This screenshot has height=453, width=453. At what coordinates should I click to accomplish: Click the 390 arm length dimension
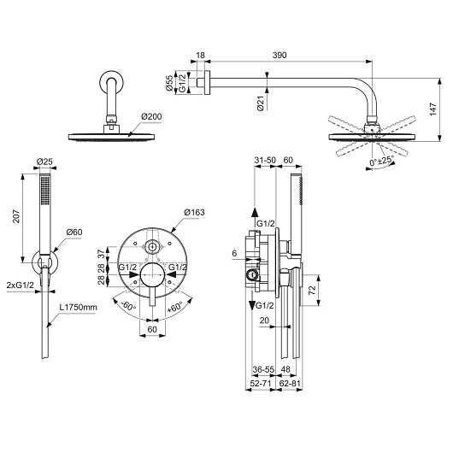[279, 55]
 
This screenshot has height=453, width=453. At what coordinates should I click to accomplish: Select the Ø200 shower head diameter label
[151, 117]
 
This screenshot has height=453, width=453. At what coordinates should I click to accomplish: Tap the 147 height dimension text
[433, 109]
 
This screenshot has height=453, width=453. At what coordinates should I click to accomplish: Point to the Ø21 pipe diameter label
[261, 103]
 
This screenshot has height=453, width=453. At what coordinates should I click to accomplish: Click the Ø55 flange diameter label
[170, 83]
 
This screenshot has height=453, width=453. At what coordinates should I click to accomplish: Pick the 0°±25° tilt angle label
[382, 161]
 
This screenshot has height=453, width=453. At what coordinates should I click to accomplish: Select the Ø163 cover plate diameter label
[194, 212]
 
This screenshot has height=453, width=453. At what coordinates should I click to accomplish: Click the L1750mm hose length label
[78, 307]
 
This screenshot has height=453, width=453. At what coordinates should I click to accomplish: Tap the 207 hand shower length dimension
[16, 216]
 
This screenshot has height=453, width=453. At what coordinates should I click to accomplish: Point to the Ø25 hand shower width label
[44, 162]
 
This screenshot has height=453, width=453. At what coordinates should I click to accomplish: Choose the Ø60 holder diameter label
[74, 232]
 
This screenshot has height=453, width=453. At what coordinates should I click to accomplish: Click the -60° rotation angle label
[128, 305]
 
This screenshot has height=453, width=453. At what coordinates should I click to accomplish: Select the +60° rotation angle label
[175, 307]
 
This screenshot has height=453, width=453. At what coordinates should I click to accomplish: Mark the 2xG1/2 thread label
[21, 285]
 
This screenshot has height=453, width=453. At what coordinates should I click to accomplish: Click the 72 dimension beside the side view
[312, 291]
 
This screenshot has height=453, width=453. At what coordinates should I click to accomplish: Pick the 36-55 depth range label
[263, 369]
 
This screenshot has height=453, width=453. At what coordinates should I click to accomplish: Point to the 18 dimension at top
[200, 55]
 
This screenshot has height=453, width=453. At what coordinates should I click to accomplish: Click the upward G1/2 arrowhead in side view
[255, 212]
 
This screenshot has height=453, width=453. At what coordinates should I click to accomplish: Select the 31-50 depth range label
[265, 160]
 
